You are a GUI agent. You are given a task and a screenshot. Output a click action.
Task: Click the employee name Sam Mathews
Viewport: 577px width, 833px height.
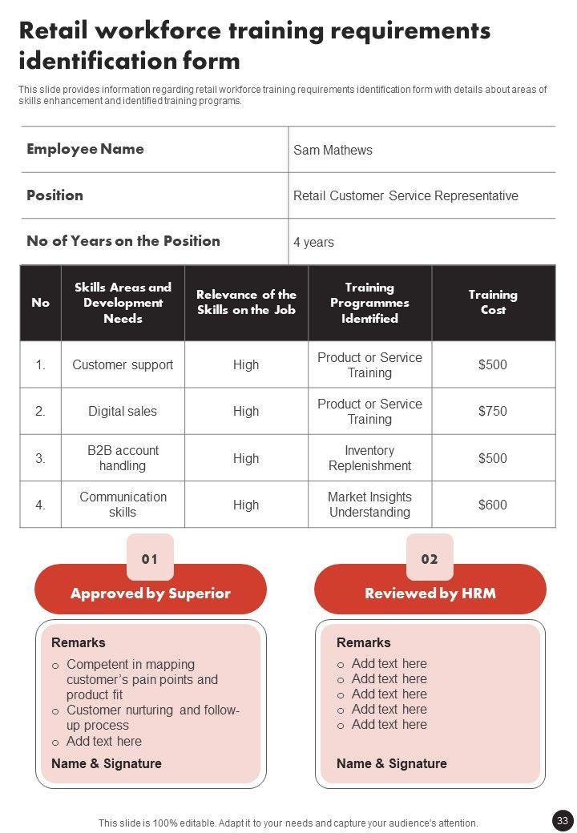click(333, 150)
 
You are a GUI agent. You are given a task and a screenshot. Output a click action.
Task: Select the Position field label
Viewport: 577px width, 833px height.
click(54, 195)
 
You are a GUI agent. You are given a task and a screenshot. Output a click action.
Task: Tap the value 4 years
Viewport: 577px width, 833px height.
click(313, 242)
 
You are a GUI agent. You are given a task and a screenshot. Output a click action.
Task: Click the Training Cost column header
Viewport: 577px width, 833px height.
click(493, 303)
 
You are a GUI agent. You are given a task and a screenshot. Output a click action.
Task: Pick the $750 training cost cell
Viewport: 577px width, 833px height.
click(493, 411)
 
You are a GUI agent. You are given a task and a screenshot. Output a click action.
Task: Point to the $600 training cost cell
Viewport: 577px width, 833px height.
click(493, 505)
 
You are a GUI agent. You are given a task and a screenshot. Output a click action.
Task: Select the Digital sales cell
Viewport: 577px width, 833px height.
click(123, 411)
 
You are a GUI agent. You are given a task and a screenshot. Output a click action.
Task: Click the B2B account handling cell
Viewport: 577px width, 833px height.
click(123, 458)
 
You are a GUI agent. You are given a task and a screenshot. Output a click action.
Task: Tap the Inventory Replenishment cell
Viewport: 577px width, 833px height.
click(369, 458)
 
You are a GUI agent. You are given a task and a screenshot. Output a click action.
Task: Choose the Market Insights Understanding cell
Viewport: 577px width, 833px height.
click(369, 505)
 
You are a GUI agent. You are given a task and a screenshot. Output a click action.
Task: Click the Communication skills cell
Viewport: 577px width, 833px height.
click(123, 505)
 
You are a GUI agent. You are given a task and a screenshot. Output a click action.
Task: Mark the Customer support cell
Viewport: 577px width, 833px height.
click(123, 364)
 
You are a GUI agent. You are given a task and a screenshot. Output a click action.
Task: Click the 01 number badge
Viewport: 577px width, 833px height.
click(150, 558)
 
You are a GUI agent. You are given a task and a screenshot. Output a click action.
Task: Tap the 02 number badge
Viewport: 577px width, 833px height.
click(430, 558)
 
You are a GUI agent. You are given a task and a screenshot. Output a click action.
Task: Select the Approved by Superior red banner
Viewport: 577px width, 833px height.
click(151, 594)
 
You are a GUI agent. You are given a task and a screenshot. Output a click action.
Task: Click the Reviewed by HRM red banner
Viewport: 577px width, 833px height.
click(430, 594)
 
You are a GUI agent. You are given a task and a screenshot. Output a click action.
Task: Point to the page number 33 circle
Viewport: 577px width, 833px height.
click(563, 820)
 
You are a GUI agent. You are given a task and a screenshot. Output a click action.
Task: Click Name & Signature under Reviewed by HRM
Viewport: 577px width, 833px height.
click(392, 763)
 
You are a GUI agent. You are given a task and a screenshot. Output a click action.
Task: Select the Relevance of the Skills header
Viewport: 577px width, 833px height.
click(246, 303)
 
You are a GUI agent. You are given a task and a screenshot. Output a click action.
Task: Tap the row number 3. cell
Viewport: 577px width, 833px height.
click(40, 458)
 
